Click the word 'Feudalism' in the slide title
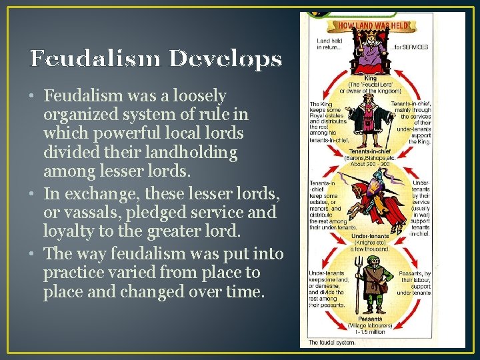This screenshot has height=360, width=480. tap(97, 59)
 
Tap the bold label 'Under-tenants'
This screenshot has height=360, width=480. tap(371, 236)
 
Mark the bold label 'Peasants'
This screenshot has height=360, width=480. tap(366, 319)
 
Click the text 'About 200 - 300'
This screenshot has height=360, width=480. tap(371, 164)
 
